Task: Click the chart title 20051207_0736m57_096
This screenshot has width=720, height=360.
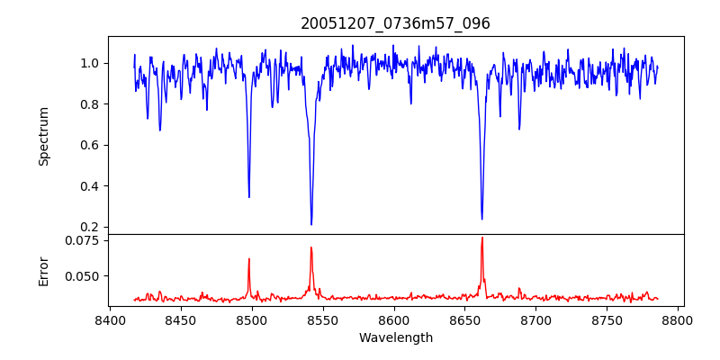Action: [395, 23]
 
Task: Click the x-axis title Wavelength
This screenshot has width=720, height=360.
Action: [395, 337]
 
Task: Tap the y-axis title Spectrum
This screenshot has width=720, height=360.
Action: [43, 136]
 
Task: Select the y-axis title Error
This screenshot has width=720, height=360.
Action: [43, 269]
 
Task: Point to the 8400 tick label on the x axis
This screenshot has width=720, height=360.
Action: [109, 320]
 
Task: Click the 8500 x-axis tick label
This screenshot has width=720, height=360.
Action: [251, 320]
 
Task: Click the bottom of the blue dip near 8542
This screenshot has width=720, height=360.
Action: [311, 224]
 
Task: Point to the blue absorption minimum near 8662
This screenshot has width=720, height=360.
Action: [481, 219]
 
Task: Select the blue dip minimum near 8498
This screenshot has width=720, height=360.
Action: [249, 197]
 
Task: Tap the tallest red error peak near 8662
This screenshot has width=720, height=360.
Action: [482, 238]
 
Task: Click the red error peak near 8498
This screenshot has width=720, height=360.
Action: [249, 259]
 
